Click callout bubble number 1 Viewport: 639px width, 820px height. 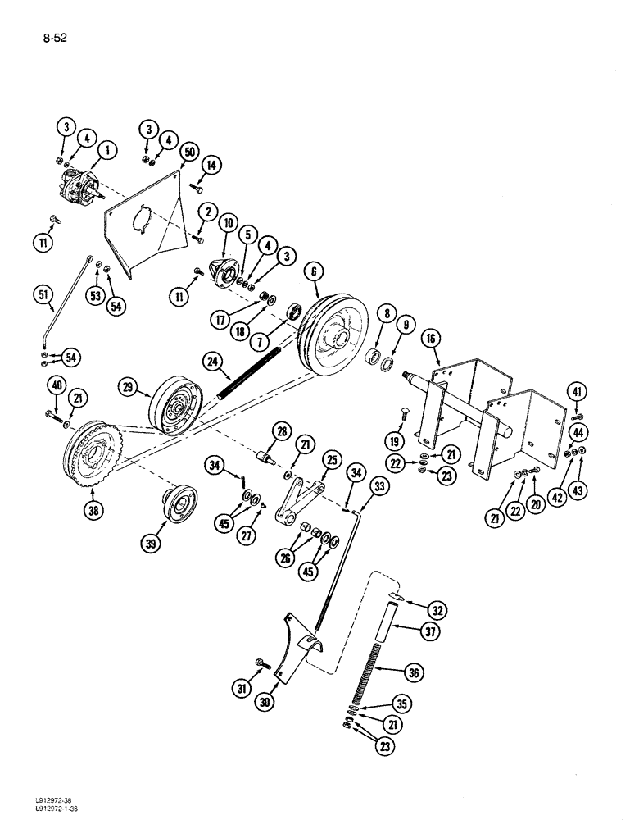tap(107, 149)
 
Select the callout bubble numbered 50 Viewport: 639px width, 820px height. tap(190, 153)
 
